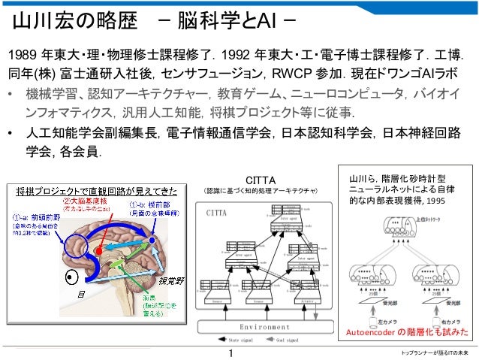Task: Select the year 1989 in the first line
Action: click(23, 56)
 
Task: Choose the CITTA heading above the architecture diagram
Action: click(262, 181)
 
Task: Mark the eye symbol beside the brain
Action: click(72, 278)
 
